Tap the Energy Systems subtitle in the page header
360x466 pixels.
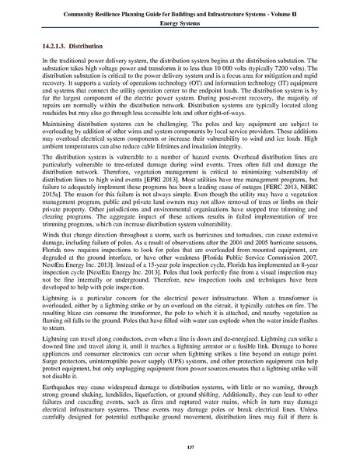[180, 23]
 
